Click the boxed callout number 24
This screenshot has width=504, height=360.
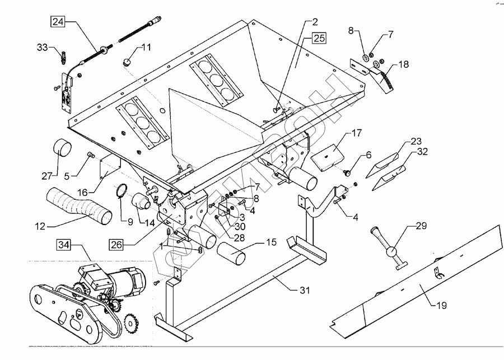pos(58,22)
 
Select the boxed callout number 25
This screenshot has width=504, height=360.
pos(319,38)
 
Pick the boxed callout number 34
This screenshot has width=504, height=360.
pos(63,244)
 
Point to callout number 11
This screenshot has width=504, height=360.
pos(146,48)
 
